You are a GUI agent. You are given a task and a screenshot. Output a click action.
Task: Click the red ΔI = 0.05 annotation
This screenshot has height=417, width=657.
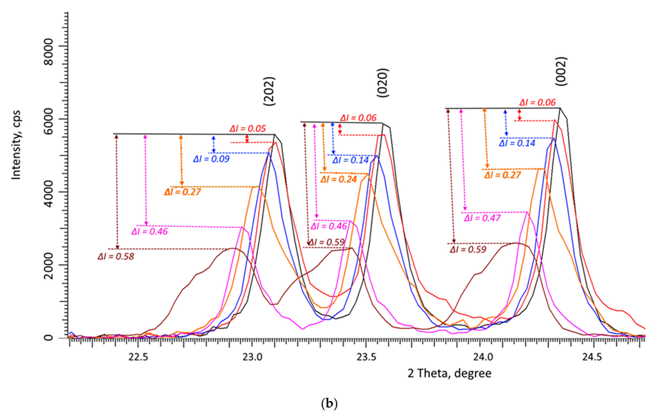(248, 128)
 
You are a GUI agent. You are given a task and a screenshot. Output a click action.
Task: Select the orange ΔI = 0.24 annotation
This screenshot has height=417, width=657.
(338, 179)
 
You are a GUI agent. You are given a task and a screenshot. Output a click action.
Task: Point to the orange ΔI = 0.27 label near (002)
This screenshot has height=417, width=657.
(502, 175)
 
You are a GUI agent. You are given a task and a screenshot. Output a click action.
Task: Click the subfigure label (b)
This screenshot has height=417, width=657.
(328, 405)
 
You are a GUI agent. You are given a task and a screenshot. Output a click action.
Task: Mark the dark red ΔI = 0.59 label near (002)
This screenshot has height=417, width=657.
(468, 249)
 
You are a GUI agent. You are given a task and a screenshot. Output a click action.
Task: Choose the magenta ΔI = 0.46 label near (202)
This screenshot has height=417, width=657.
(149, 231)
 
